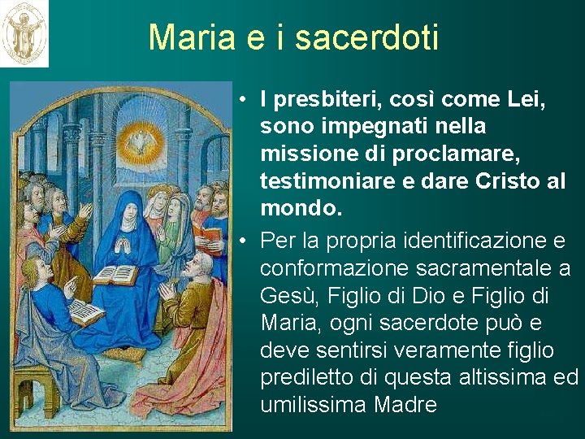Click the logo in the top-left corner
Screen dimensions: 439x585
point(24,33)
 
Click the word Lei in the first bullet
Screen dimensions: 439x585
point(525,100)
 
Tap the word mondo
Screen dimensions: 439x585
point(296,209)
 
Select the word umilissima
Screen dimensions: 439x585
point(314,404)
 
